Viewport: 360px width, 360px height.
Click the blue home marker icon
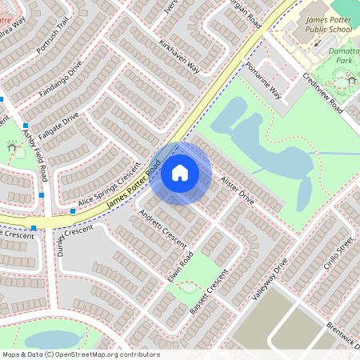point(180,172)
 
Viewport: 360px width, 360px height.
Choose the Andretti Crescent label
point(162,228)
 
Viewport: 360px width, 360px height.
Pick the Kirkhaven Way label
point(179,56)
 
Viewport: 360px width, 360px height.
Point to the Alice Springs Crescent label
point(108,190)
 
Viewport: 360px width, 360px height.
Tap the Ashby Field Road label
point(36,156)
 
